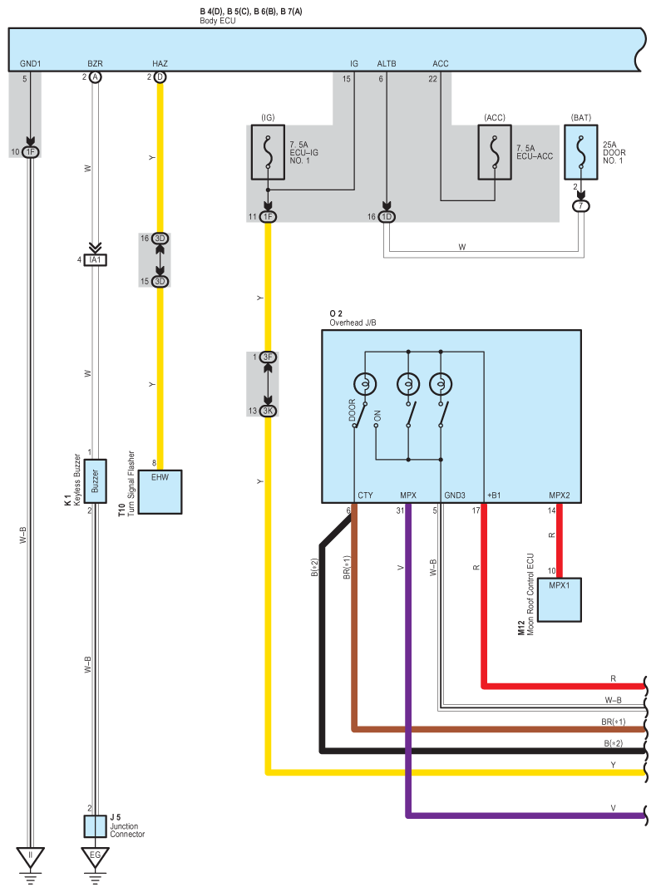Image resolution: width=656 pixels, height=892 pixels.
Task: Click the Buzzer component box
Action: pyautogui.click(x=95, y=481)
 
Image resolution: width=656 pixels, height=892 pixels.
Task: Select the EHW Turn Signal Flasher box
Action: pyautogui.click(x=160, y=491)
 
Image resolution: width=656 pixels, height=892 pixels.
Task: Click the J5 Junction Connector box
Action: pyautogui.click(x=96, y=826)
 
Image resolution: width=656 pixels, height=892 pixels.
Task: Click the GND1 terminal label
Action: pyautogui.click(x=30, y=63)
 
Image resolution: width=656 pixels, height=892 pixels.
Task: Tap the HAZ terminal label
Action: pyautogui.click(x=160, y=63)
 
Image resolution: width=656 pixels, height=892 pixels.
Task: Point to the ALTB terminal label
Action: pyautogui.click(x=387, y=63)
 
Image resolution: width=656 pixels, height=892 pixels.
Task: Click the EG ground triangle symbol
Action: pyautogui.click(x=95, y=855)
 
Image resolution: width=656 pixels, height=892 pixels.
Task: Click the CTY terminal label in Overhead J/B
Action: pyautogui.click(x=365, y=495)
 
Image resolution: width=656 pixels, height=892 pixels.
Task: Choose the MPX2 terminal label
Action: pyautogui.click(x=559, y=495)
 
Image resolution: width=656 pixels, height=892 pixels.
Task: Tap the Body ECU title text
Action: pyautogui.click(x=218, y=21)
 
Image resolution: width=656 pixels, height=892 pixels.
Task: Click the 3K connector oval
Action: pyautogui.click(x=268, y=411)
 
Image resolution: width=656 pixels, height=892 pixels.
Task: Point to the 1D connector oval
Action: pyautogui.click(x=387, y=217)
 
